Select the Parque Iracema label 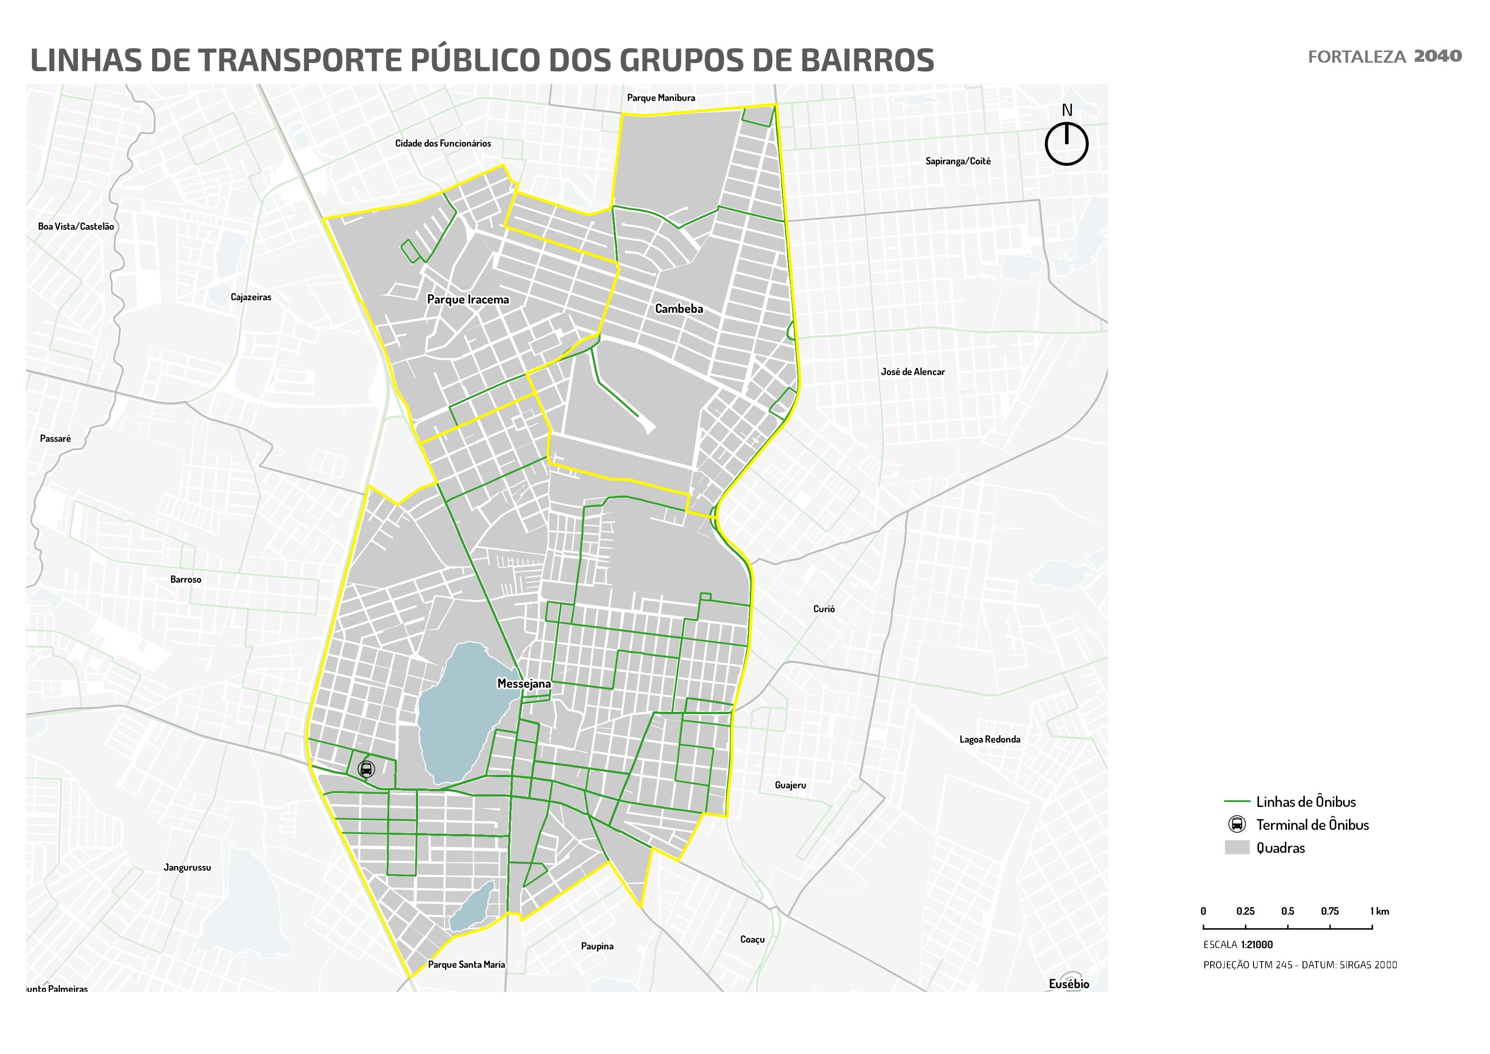[468, 299]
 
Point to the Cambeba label [679, 308]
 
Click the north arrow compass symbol [1066, 143]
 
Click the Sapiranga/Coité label [958, 161]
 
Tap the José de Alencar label [912, 372]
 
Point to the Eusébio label [1069, 984]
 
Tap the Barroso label [186, 579]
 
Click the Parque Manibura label [661, 98]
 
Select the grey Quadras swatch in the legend [1237, 848]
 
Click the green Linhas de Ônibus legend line [1237, 802]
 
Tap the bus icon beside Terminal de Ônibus [1237, 825]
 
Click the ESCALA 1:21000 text [1238, 945]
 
